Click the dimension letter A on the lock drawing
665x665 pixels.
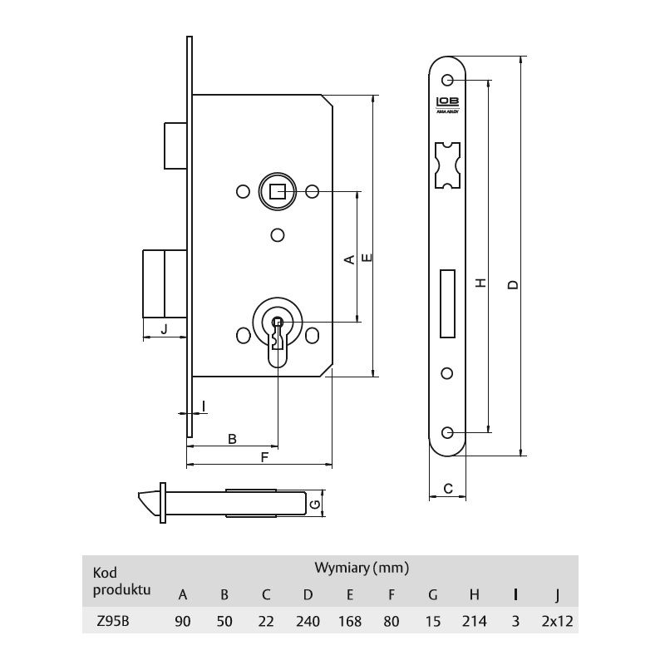tap(349, 259)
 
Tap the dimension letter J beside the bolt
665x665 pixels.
tap(165, 328)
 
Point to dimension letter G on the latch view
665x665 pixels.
tap(315, 505)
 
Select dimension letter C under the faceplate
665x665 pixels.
tap(448, 489)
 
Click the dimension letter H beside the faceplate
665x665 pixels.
tap(480, 283)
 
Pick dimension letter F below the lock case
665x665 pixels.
tap(264, 457)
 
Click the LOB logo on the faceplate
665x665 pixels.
tap(447, 102)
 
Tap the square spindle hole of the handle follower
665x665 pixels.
tap(277, 192)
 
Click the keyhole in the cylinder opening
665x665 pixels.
tap(278, 334)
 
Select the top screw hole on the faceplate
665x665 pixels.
tap(447, 80)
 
